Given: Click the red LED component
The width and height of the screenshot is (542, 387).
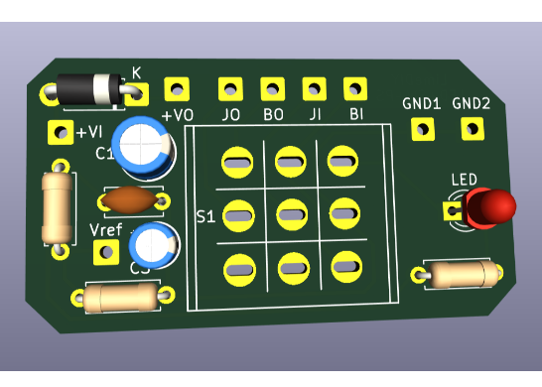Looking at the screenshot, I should [490, 207].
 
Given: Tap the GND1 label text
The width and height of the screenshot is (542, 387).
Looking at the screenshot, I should [421, 103].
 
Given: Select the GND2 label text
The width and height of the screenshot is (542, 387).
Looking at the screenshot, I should [472, 103].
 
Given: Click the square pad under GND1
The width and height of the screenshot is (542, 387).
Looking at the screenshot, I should [423, 128].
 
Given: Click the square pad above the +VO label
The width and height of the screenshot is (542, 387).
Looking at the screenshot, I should [178, 89].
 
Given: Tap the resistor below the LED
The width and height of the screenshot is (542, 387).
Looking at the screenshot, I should [459, 273].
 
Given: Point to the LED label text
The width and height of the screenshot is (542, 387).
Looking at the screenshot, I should [464, 180].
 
